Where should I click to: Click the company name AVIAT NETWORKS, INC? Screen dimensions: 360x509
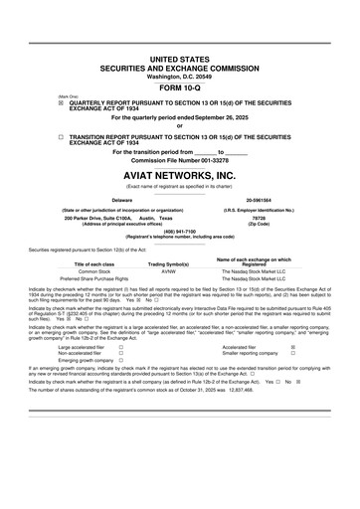(179, 173)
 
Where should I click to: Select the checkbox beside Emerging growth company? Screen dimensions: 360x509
(120, 360)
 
